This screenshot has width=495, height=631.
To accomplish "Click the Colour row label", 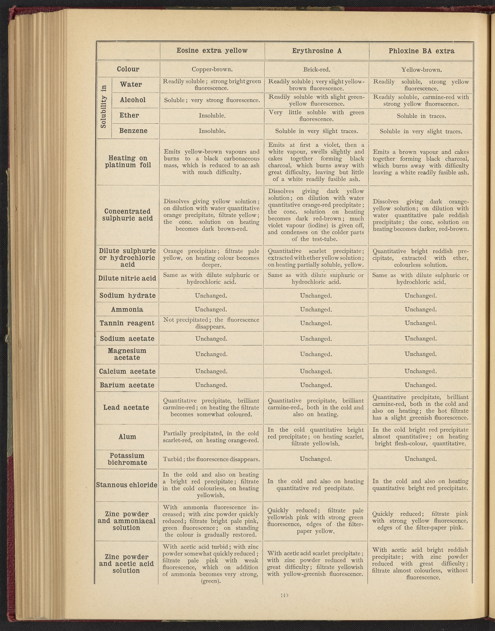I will tap(128, 69).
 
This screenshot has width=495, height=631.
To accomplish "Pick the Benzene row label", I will tap(133, 131).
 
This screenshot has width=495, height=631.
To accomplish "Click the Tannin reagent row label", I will tap(127, 323).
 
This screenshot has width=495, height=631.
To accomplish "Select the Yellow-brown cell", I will tap(421, 70).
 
